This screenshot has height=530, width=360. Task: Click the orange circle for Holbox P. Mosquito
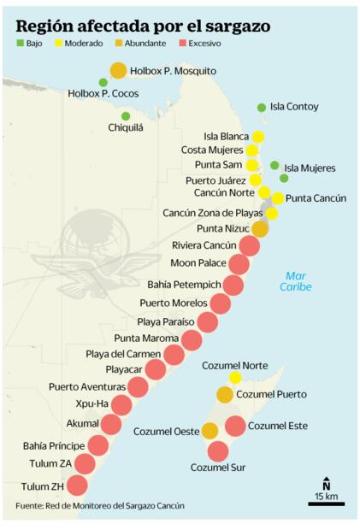(x=118, y=71)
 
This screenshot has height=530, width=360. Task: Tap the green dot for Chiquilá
(x=126, y=116)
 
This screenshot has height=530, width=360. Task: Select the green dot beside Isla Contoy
(x=262, y=108)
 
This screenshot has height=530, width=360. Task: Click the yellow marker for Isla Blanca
(x=257, y=137)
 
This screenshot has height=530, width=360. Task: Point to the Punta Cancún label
(x=316, y=198)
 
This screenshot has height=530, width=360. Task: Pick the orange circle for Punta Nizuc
(x=260, y=229)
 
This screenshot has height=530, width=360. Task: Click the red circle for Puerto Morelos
(x=220, y=303)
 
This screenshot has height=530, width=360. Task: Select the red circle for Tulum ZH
(x=77, y=486)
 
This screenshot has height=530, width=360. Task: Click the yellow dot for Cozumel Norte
(x=235, y=378)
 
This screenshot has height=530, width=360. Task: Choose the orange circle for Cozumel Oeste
(x=210, y=431)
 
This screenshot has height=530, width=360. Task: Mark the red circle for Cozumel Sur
(x=218, y=451)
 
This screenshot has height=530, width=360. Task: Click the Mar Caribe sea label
(x=296, y=281)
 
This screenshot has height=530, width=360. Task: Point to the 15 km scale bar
(x=326, y=503)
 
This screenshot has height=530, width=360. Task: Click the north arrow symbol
(x=326, y=484)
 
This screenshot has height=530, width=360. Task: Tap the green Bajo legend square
(x=20, y=43)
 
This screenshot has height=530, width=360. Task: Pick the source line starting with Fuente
(x=99, y=506)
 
